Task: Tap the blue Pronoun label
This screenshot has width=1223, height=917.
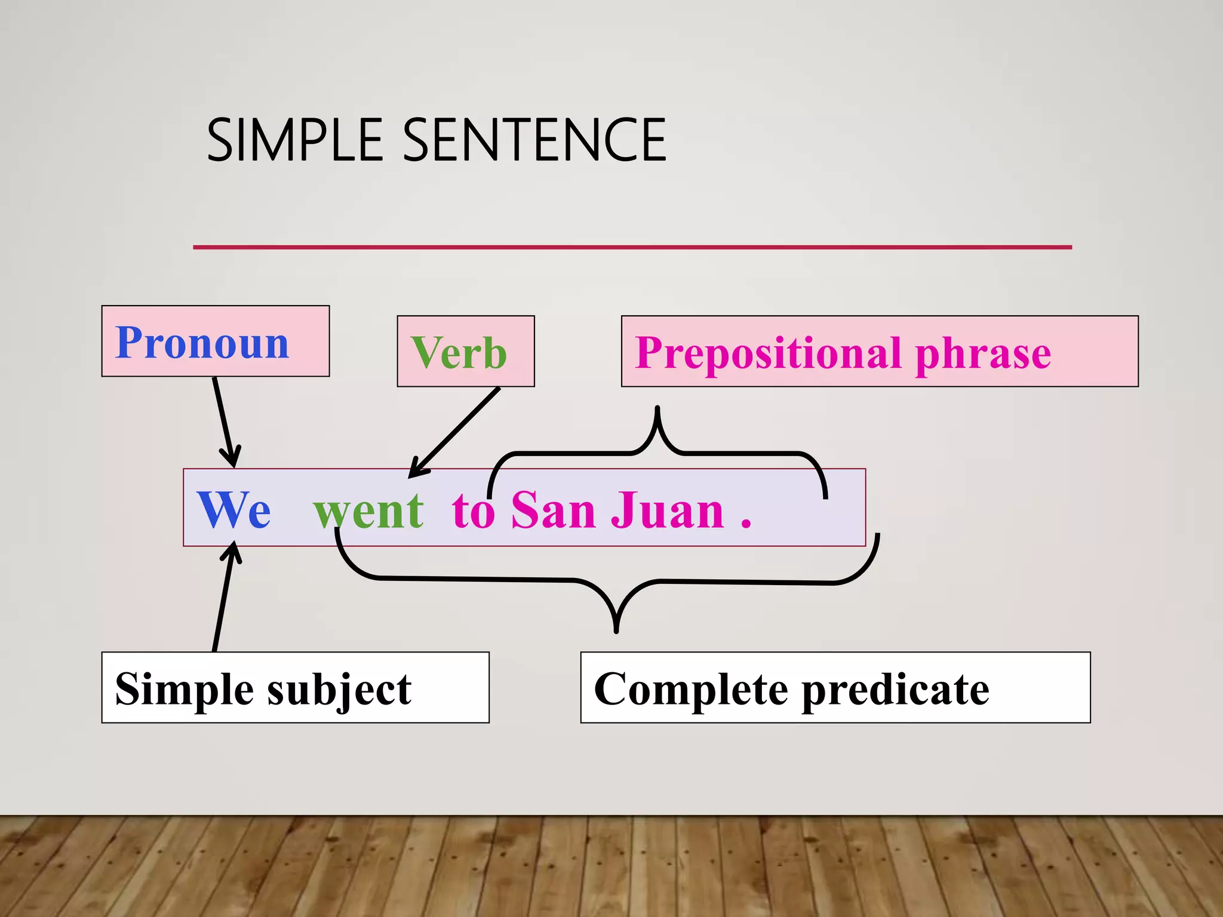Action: tap(202, 343)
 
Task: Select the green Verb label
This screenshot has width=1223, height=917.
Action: tap(459, 353)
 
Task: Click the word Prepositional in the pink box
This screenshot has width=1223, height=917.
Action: tap(767, 353)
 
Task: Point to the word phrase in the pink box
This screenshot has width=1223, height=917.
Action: tap(982, 353)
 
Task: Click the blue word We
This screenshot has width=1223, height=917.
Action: tap(233, 510)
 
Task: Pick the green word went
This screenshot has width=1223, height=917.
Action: tap(368, 511)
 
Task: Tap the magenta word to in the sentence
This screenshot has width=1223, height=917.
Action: tap(473, 511)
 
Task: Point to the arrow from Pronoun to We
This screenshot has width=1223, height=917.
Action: tap(223, 421)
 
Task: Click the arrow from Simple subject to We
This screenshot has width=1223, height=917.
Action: tap(223, 597)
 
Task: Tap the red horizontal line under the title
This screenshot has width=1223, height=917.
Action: tap(632, 247)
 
